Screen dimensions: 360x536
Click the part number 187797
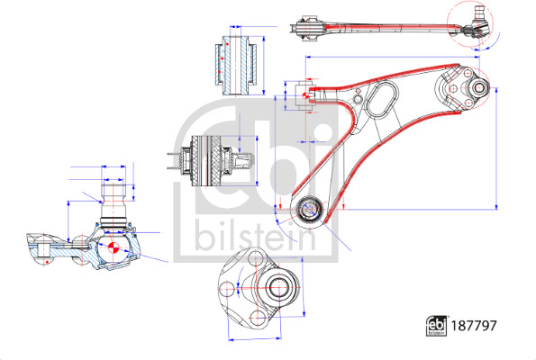(477, 326)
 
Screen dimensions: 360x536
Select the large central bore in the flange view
(278, 290)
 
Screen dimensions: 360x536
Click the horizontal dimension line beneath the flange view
(265, 340)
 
